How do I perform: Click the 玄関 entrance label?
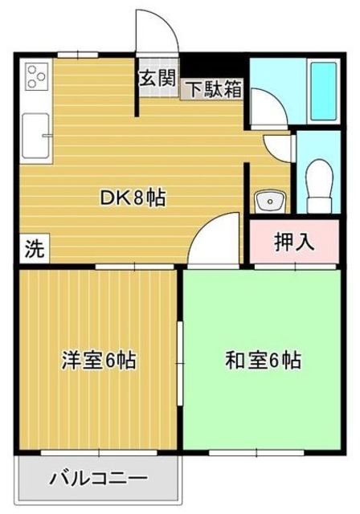pos(156,78)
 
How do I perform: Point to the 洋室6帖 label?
pos(98,361)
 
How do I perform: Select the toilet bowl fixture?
pos(320,182)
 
